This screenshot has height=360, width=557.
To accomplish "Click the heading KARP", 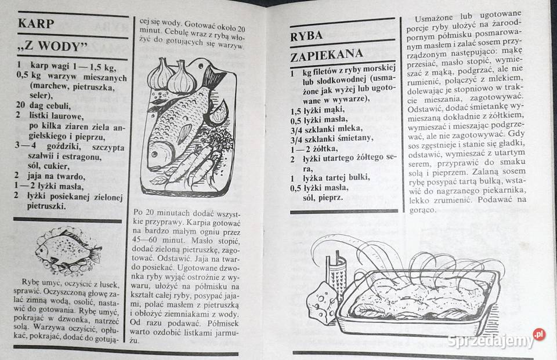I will pyautogui.click(x=36, y=24).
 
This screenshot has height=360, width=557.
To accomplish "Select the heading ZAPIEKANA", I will pyautogui.click(x=327, y=54).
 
